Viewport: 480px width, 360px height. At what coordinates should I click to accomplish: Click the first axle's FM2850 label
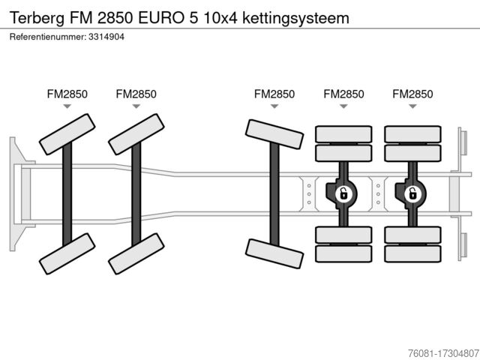pos(67,94)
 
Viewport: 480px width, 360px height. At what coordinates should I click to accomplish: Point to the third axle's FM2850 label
pos(274,94)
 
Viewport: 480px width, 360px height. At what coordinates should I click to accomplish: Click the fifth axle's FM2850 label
pos(412,94)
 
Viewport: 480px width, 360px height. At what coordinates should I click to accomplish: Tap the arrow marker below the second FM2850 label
pos(136,106)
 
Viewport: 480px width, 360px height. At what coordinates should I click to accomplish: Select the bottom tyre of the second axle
pos(136,253)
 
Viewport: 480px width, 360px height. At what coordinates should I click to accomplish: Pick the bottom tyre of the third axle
pos(274,253)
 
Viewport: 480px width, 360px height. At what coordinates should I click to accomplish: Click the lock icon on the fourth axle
pos(343,193)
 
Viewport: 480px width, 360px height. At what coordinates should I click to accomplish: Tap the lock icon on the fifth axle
pos(412,193)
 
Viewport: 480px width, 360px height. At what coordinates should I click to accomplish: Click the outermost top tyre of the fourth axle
pos(343,133)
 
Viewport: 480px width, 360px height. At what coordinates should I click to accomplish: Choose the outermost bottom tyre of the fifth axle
pos(412,253)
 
